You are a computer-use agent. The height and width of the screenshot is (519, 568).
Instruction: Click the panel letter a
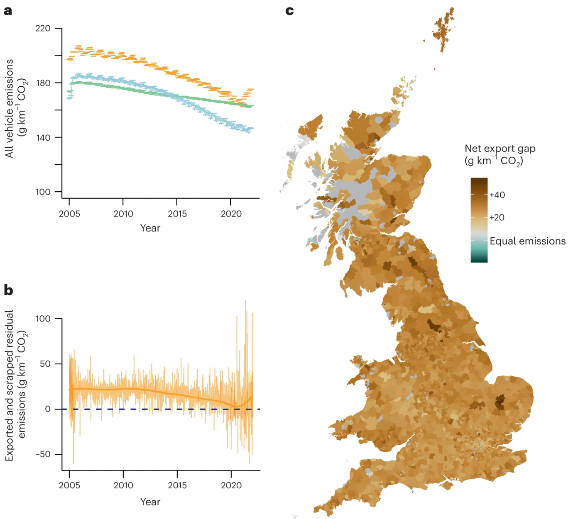tap(8, 11)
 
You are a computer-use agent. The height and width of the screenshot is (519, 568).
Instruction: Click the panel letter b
tap(8, 290)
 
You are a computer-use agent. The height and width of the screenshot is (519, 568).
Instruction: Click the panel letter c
tap(290, 11)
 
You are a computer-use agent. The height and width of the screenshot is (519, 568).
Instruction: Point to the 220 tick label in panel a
tap(43, 28)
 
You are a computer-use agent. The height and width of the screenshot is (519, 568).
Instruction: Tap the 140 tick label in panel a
tap(43, 137)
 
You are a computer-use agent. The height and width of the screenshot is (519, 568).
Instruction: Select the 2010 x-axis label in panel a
tap(123, 214)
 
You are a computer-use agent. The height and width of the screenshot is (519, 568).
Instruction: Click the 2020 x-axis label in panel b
tap(231, 485)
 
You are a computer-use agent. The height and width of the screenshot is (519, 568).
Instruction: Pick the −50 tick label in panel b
tap(42, 454)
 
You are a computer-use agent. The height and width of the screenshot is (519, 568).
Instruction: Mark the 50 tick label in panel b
tap(45, 363)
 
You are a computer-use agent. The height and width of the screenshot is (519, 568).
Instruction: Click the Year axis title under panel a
tap(150, 228)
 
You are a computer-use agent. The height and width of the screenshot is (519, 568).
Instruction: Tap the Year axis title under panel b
tap(150, 502)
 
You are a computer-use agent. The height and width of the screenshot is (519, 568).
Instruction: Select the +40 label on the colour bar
tap(497, 195)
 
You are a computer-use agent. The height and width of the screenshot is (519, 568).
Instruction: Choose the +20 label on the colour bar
tap(497, 217)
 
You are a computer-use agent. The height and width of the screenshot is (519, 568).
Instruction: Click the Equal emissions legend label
tap(527, 241)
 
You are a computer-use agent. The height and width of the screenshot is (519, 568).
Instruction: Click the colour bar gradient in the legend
tap(479, 220)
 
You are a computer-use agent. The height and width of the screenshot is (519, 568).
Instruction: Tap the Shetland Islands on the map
tap(443, 29)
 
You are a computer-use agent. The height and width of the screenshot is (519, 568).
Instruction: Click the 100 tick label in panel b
tap(43, 319)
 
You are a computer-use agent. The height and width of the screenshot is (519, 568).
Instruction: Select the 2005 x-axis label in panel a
tap(69, 214)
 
